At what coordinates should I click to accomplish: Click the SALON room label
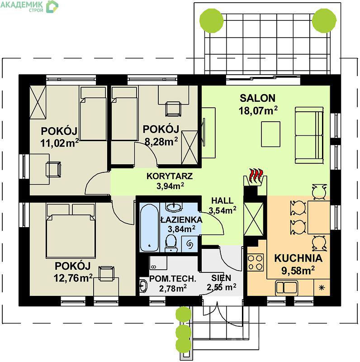257,98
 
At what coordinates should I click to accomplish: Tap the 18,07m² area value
258,110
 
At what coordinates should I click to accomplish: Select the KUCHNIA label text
298,258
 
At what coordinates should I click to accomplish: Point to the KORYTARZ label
170,176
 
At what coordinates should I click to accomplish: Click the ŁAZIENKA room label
181,219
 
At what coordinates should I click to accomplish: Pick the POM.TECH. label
173,279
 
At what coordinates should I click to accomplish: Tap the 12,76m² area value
73,278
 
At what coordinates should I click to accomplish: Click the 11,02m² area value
60,143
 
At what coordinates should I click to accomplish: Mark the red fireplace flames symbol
256,176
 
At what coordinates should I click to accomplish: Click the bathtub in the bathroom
149,227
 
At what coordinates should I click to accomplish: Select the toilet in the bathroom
171,243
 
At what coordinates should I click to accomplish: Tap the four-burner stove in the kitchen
256,262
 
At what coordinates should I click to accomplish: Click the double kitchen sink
286,288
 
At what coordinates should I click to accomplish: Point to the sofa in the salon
309,135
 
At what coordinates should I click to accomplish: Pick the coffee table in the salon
271,134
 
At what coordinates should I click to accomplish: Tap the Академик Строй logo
29,6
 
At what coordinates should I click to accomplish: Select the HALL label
223,200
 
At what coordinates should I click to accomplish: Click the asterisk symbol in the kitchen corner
322,288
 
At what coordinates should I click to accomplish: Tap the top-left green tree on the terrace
211,21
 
